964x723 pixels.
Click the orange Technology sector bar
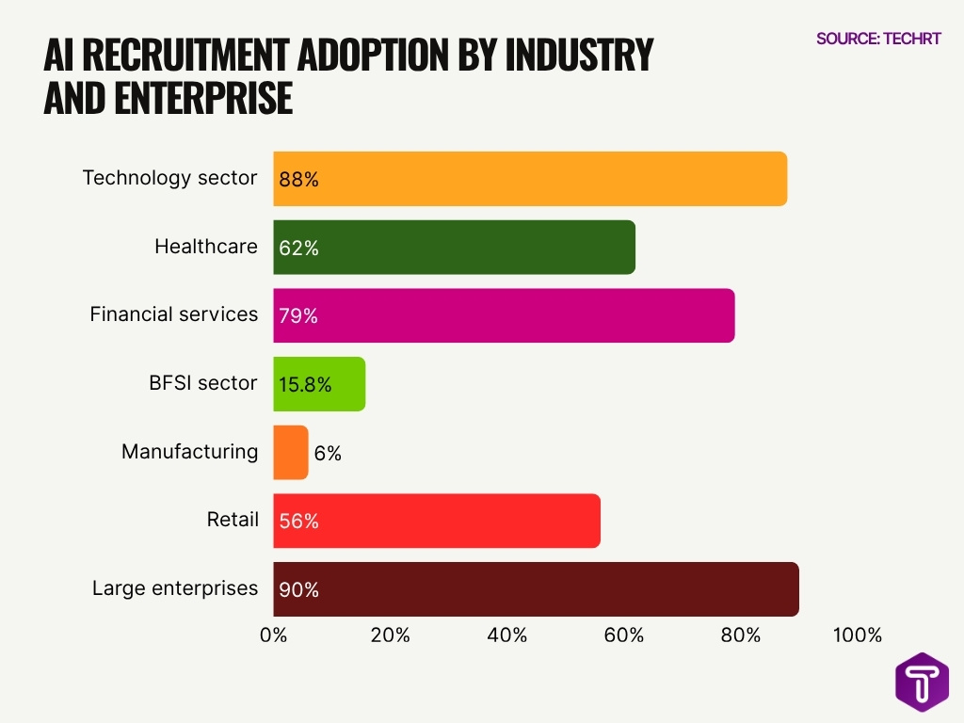coord(530,178)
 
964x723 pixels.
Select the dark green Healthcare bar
coord(455,247)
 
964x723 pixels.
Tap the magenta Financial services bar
coord(504,315)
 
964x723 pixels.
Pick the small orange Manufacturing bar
coord(290,452)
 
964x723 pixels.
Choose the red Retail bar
coord(437,521)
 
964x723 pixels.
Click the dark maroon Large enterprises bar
coord(536,589)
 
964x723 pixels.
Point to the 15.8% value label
coord(304,384)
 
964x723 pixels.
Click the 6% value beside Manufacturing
coord(328,453)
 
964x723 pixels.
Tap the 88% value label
coord(298,179)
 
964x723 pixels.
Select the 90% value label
coord(298,590)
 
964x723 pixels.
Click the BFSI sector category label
coord(202,383)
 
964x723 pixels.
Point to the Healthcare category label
coord(205,247)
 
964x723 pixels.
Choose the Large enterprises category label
coord(174,588)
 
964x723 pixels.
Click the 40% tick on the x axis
coord(506,635)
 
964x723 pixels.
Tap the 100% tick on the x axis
coord(858,635)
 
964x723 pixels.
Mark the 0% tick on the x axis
coord(273,635)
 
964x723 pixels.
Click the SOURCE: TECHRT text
coord(877,39)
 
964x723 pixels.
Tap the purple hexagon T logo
coord(922,682)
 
